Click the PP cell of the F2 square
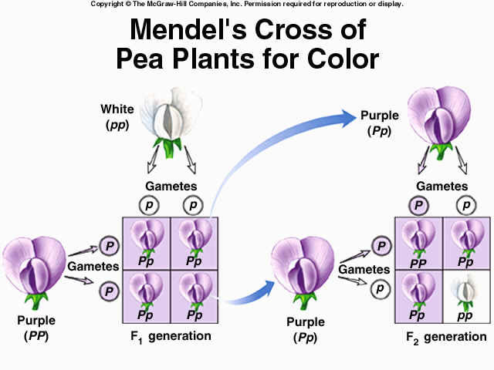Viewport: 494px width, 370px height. [418, 243]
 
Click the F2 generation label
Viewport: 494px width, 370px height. [446, 337]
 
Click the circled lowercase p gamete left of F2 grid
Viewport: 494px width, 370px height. [379, 289]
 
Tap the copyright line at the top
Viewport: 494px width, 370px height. [247, 5]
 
